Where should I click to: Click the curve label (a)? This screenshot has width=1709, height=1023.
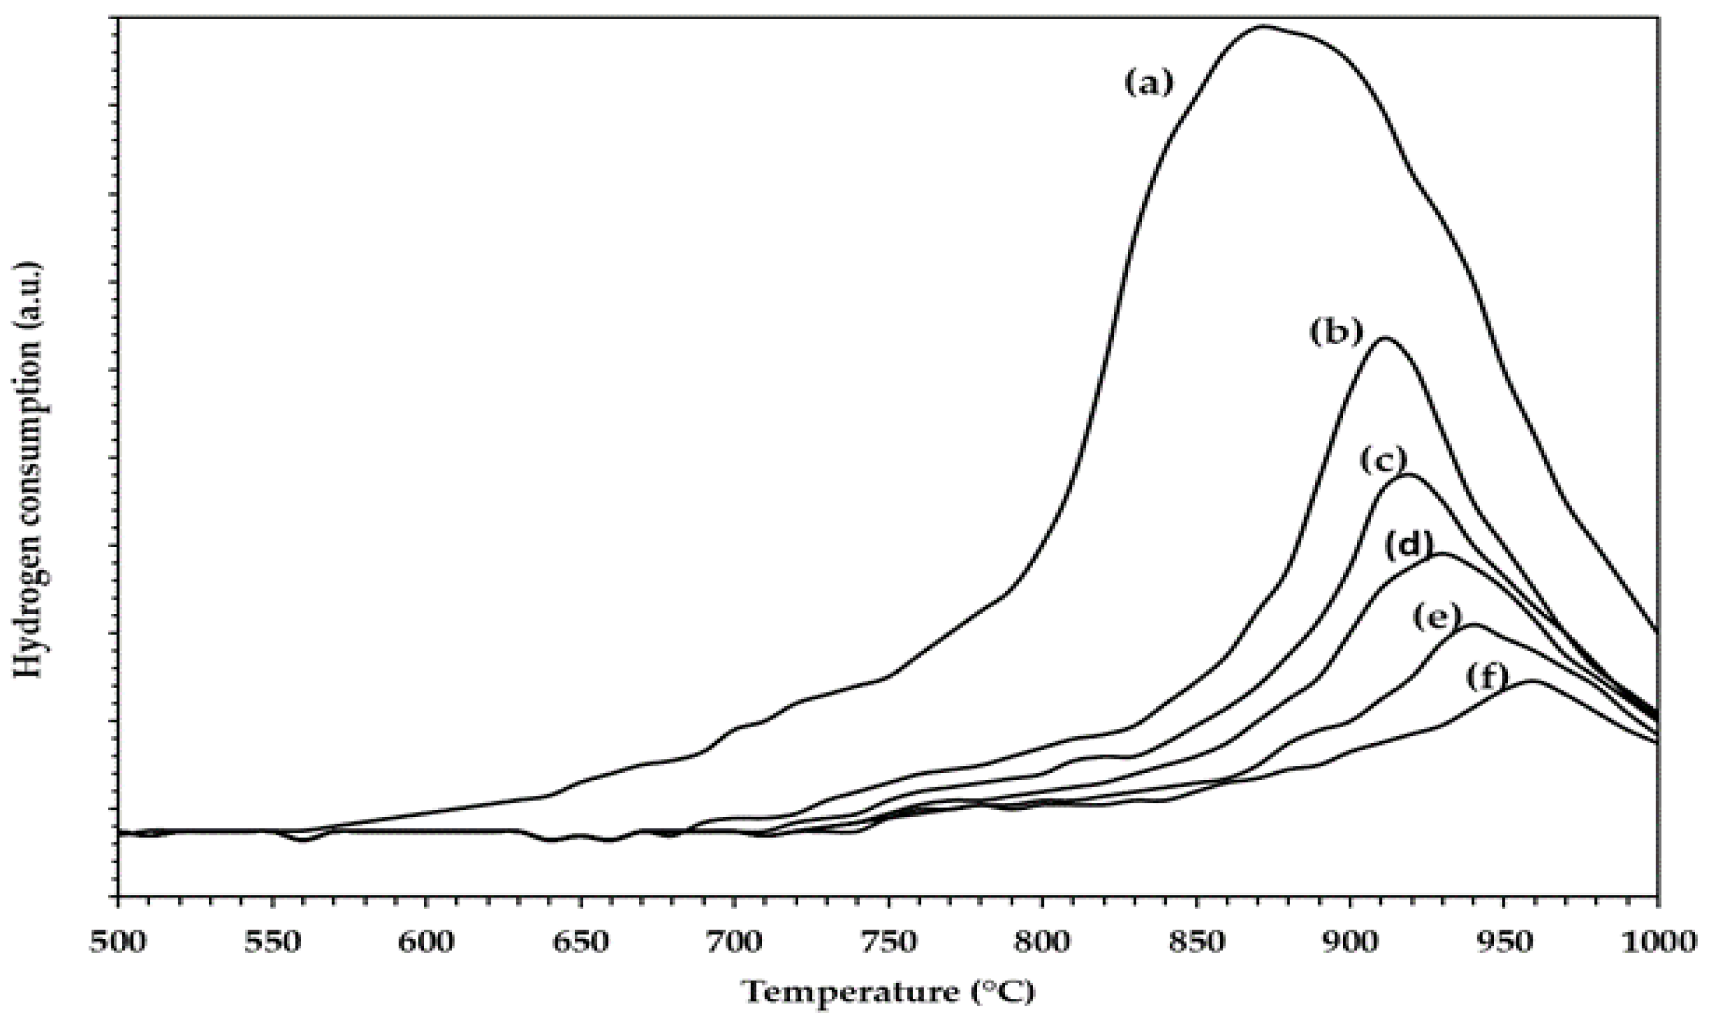[x=1148, y=83]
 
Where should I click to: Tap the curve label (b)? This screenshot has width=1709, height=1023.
[x=1337, y=333]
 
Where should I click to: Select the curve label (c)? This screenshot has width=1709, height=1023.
[x=1382, y=461]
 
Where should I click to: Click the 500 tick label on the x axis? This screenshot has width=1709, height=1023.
[x=118, y=942]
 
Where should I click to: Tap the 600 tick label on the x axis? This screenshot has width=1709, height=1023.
[x=426, y=942]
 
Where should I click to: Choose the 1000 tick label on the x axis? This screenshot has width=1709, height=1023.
[x=1655, y=942]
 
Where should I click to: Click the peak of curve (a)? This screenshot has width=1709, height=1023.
[x=1262, y=26]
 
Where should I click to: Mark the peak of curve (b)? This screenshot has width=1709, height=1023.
[x=1385, y=338]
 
